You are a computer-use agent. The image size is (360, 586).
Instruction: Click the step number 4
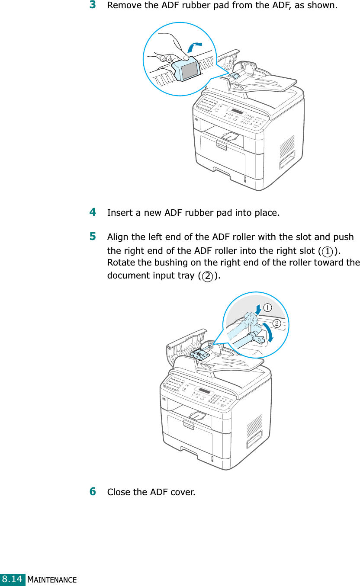[x=93, y=212]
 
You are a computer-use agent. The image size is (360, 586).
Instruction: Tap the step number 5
[x=93, y=237]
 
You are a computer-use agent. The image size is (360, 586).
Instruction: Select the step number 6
[x=93, y=491]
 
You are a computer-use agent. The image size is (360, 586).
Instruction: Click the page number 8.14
[x=13, y=579]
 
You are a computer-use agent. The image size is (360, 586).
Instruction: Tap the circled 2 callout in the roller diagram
[x=276, y=323]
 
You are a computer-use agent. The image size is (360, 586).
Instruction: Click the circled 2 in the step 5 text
[x=208, y=276]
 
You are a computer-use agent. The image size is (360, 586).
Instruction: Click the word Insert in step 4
[x=118, y=213]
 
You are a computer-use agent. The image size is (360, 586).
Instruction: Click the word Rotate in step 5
[x=121, y=263]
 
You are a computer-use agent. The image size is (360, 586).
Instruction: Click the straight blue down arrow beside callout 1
[x=258, y=309]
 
